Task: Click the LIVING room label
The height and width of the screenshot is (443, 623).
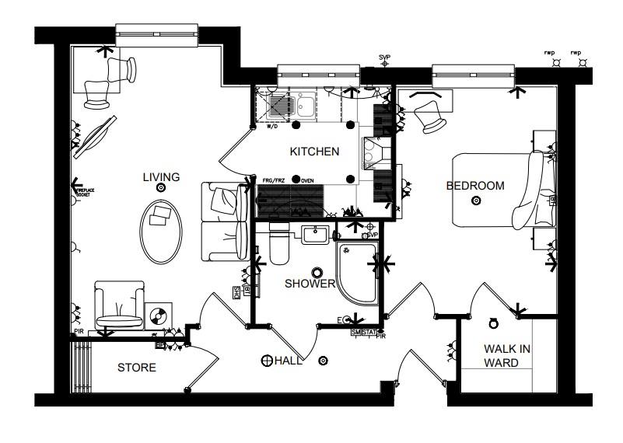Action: pos(161,177)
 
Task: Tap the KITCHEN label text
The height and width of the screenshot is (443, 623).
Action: pos(314,152)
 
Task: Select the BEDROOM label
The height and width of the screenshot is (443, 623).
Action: pos(474,186)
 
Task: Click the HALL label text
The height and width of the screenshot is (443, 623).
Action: pos(286,361)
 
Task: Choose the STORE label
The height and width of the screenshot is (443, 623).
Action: pos(137,368)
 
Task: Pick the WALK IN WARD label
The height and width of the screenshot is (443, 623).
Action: pos(506,356)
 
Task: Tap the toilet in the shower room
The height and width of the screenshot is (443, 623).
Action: pos(278,245)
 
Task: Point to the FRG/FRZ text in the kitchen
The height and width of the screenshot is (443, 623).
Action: pos(273,179)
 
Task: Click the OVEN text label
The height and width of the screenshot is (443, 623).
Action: pos(307,179)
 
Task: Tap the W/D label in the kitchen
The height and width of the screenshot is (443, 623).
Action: pos(272,127)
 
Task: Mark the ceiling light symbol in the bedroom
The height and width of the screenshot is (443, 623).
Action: pos(477,201)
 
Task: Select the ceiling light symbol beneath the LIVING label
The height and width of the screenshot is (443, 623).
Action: pos(161,188)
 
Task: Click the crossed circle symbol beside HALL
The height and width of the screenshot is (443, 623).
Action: pos(267,361)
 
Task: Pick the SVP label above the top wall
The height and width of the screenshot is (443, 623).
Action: pos(384,58)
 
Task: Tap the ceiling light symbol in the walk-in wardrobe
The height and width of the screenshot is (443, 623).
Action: pos(492,323)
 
